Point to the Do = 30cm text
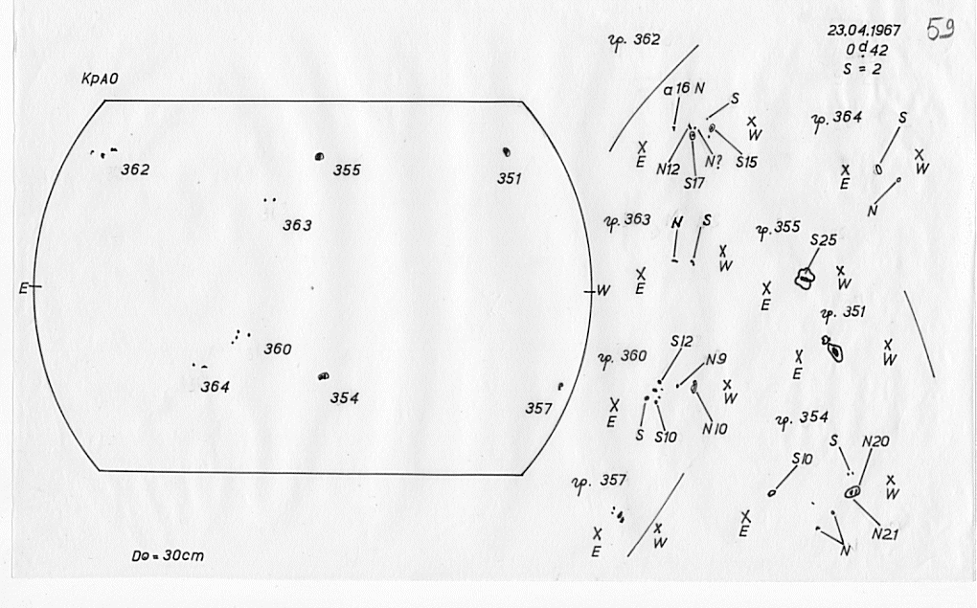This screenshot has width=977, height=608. (x=170, y=555)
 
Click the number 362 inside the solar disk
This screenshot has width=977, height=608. (x=135, y=170)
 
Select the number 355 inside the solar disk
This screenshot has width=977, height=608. (x=347, y=170)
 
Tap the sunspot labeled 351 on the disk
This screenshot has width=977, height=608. (x=506, y=151)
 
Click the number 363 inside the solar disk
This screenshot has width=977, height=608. (x=297, y=226)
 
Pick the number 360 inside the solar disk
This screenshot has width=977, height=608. (x=278, y=349)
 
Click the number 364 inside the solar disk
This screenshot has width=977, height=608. (x=215, y=387)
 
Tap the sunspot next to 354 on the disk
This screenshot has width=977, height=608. (x=324, y=377)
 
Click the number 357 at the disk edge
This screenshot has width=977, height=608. (x=538, y=409)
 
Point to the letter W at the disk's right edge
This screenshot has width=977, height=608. (x=604, y=290)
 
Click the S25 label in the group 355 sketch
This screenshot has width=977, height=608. (x=823, y=240)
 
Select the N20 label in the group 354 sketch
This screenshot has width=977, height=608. (x=875, y=441)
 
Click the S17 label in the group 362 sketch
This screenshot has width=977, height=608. (x=694, y=182)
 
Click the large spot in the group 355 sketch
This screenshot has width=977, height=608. (x=806, y=279)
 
